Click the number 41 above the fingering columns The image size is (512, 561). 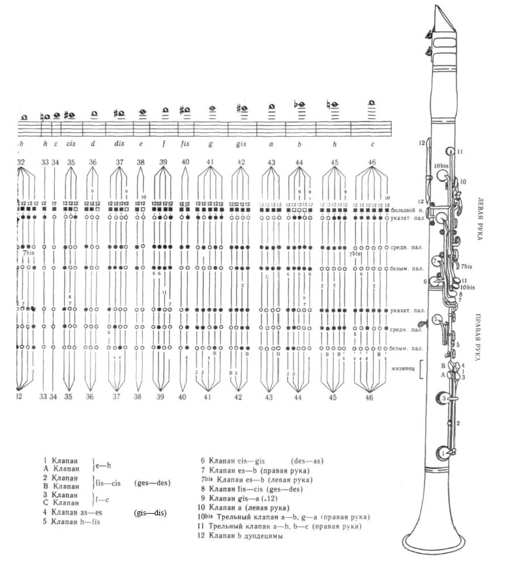point(210,162)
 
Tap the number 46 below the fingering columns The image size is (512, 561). point(369,397)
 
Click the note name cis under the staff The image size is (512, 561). point(71,143)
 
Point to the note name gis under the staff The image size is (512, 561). point(241,143)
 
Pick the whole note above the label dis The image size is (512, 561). point(119,113)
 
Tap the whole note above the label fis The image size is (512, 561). point(185,110)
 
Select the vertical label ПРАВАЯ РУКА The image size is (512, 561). point(479,338)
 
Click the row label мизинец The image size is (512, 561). point(403,369)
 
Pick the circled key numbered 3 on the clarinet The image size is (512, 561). point(444,399)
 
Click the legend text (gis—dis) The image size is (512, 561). point(150,512)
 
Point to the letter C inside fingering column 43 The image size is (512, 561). point(267,276)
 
